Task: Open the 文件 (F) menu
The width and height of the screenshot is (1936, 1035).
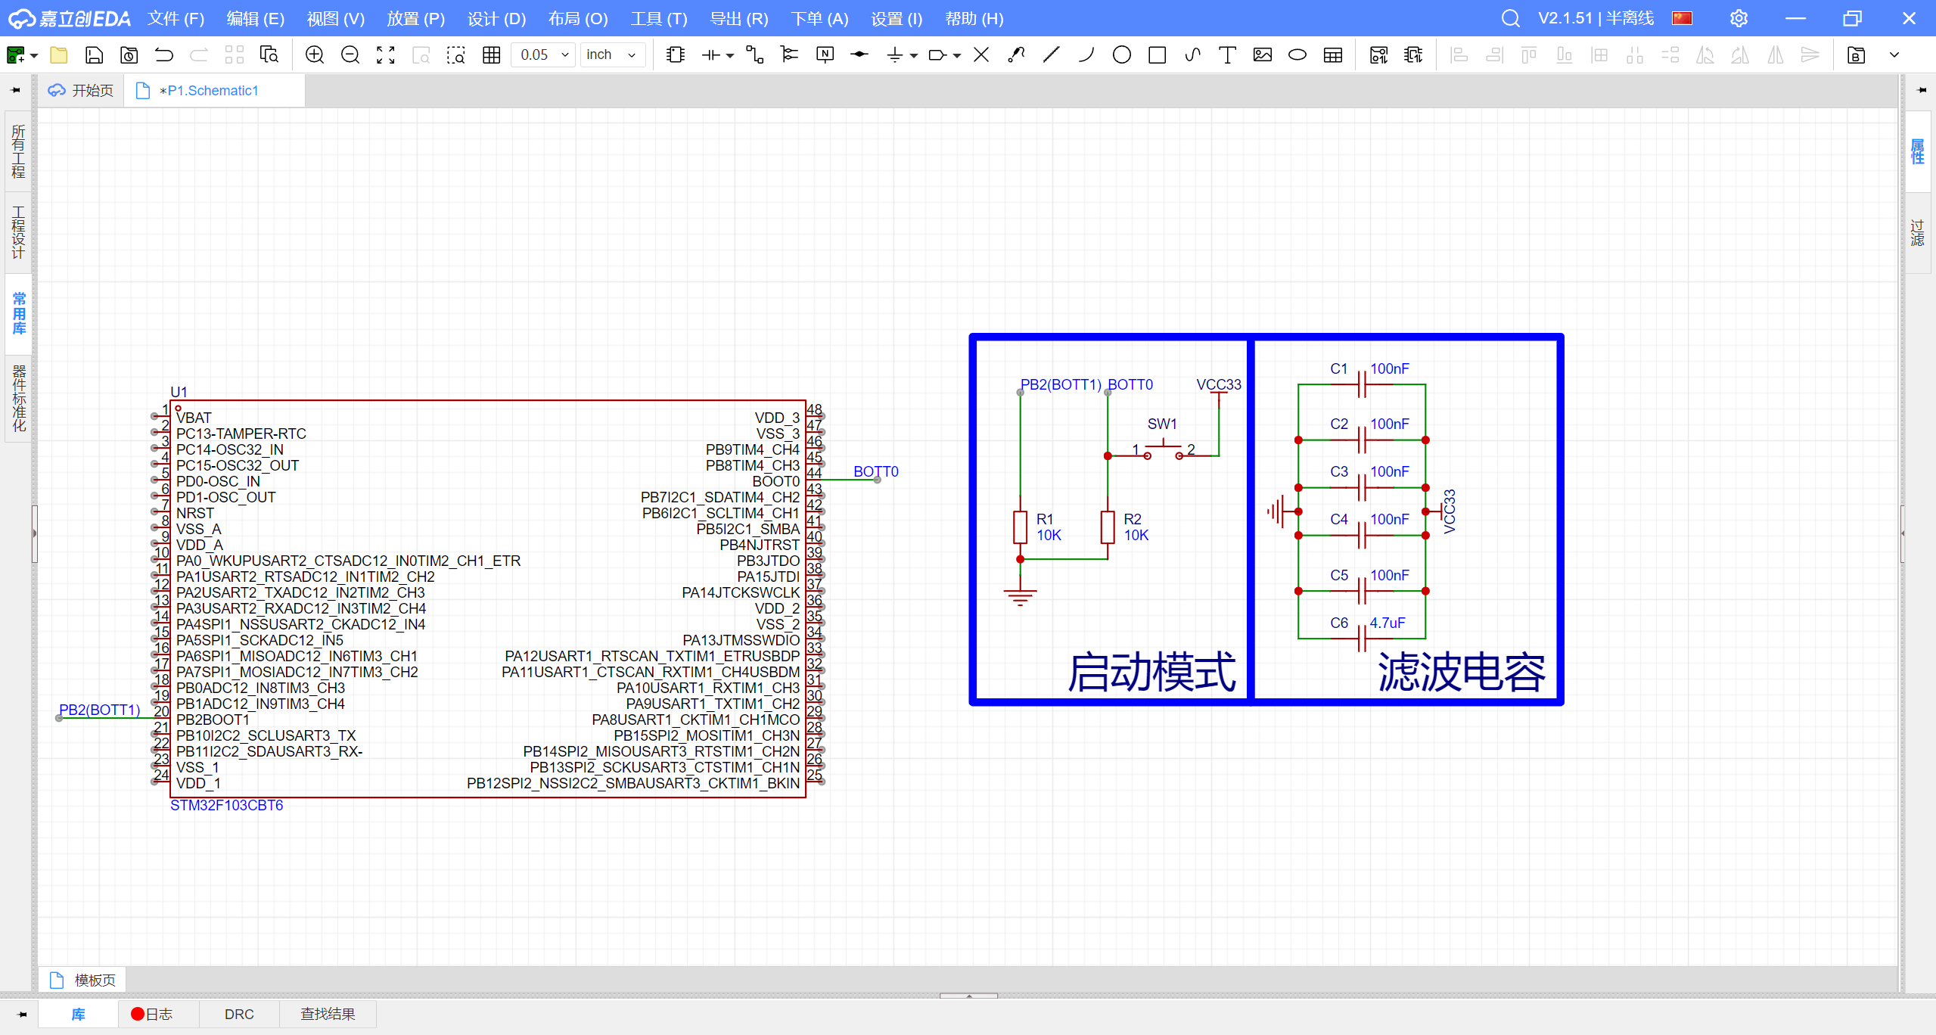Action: [x=176, y=18]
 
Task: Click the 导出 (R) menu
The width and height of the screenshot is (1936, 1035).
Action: [x=739, y=18]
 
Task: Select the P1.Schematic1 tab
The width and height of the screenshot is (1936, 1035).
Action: [x=209, y=91]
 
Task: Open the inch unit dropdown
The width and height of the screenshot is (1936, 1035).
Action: [x=612, y=54]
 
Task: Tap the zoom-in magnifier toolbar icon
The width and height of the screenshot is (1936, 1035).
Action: [x=315, y=54]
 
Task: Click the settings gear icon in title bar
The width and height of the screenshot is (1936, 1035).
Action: [x=1739, y=18]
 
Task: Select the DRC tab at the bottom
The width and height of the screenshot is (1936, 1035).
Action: [x=239, y=1014]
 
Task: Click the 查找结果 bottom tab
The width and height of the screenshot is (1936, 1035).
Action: [x=328, y=1014]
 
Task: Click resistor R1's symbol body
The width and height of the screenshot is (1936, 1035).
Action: [x=1020, y=527]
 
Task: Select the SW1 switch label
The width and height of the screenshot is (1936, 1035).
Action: [x=1162, y=424]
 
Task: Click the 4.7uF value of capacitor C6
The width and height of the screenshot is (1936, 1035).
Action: [x=1388, y=623]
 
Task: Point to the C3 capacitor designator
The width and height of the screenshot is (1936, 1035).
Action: [x=1339, y=471]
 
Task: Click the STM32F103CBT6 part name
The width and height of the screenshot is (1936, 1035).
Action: [x=227, y=805]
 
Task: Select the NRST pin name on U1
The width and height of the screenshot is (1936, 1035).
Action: [x=195, y=513]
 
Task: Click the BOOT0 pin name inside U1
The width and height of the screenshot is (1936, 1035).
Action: [x=775, y=481]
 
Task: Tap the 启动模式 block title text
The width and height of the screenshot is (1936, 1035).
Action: [x=1151, y=672]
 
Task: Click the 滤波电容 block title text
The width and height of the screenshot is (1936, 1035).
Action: [x=1462, y=672]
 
